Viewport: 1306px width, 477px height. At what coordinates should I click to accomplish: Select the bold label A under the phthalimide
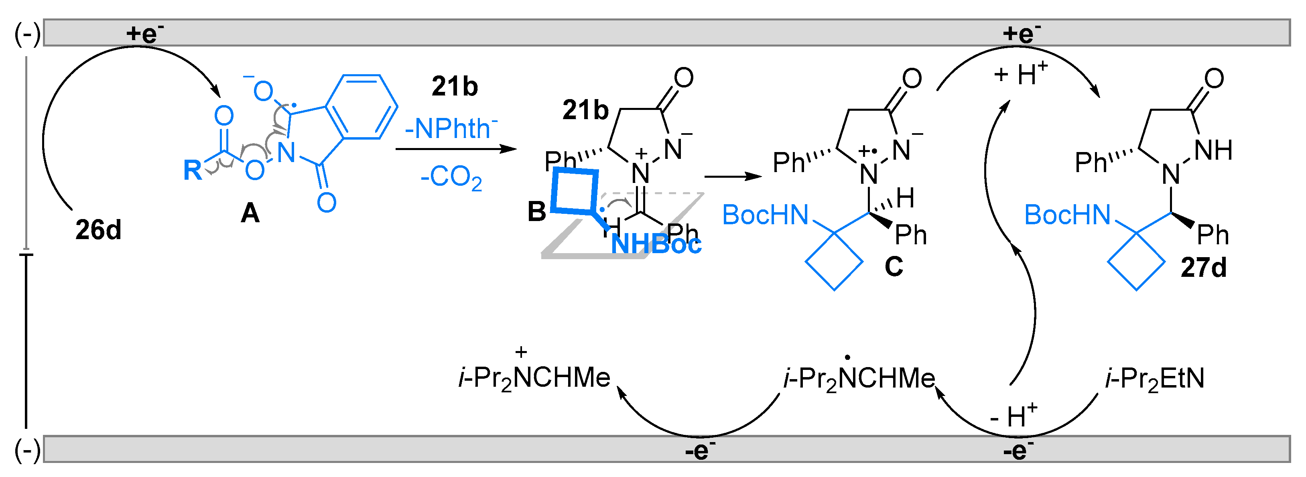click(x=250, y=213)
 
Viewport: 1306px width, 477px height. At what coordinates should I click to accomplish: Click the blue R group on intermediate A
click(x=192, y=171)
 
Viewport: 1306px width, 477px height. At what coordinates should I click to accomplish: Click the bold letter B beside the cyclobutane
click(x=536, y=211)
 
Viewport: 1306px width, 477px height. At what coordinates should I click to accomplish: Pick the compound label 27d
click(x=1204, y=268)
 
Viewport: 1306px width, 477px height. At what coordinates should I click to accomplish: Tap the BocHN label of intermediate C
click(x=765, y=215)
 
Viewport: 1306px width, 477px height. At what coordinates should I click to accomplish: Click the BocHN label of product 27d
click(x=1067, y=215)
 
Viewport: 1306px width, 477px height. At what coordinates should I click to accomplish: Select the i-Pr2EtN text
click(x=1154, y=379)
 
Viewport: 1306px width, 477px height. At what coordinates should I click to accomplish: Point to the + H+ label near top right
click(x=1020, y=75)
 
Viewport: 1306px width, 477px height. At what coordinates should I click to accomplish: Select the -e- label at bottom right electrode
click(x=1018, y=451)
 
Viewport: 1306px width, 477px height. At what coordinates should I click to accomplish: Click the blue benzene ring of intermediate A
click(x=361, y=106)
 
